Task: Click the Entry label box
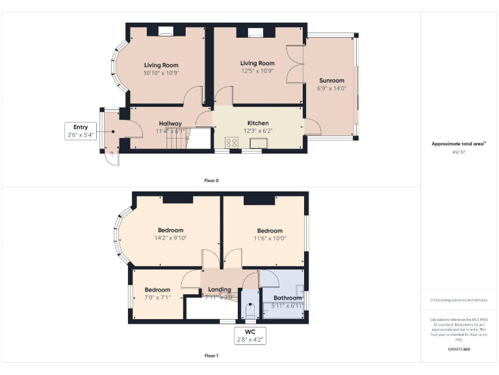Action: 81,131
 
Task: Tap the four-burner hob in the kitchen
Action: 231,143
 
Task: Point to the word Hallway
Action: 170,123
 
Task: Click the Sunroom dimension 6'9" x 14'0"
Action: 331,88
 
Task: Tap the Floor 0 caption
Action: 211,180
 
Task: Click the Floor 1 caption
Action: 211,356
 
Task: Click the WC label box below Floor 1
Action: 250,336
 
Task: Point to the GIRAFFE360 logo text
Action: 459,350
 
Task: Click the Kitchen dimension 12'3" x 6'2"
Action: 258,131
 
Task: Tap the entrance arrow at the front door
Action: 111,154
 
